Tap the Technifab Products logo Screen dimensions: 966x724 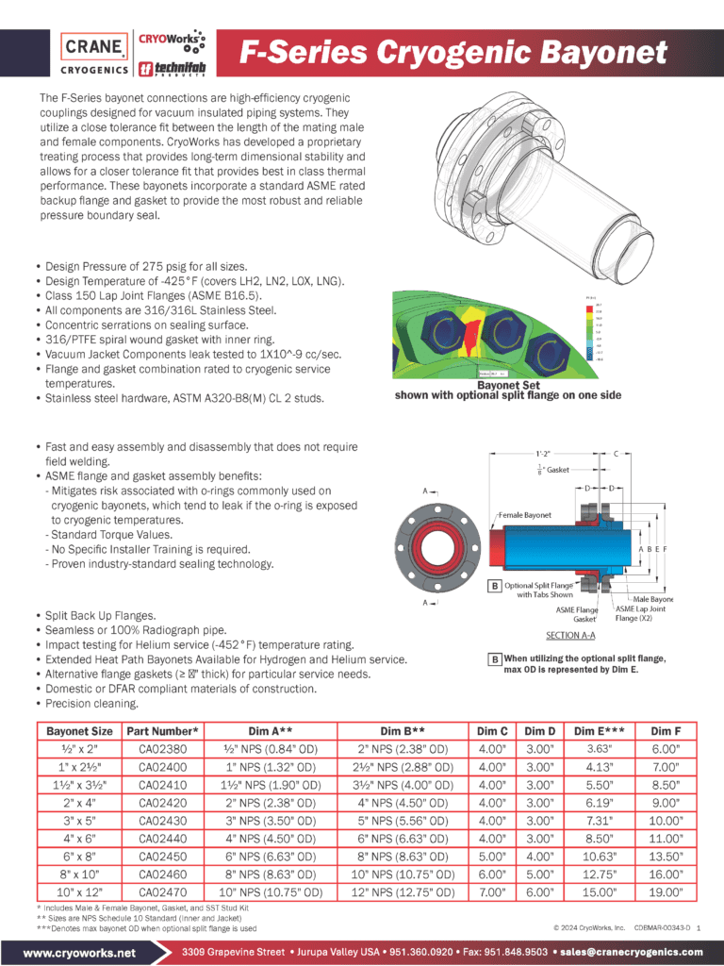(172, 68)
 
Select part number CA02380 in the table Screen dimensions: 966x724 (161, 749)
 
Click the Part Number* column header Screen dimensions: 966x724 (161, 731)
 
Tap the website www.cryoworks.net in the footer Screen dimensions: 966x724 (79, 952)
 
